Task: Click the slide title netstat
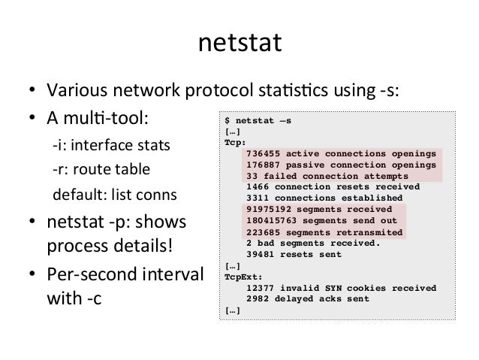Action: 239,44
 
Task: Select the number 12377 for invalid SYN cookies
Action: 260,288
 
